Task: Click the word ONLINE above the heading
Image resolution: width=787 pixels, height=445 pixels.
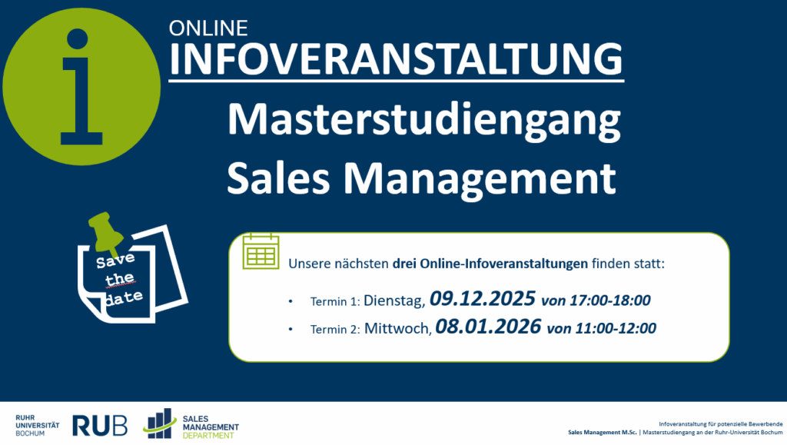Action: (x=208, y=28)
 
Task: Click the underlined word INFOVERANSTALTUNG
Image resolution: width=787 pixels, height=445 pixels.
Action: (x=396, y=58)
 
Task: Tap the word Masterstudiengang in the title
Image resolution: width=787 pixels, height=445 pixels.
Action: (x=423, y=124)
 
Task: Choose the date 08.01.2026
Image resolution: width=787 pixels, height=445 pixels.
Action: (x=487, y=327)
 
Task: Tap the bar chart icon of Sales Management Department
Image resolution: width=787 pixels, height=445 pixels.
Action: (x=160, y=423)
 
